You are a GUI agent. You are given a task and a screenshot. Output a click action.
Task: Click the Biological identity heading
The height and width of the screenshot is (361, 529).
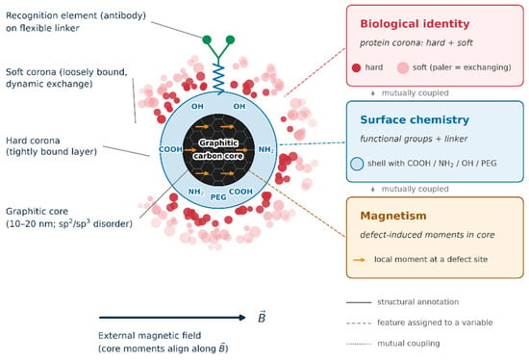pos(415,24)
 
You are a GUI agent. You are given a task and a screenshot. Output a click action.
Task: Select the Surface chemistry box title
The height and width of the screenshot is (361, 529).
pos(415,120)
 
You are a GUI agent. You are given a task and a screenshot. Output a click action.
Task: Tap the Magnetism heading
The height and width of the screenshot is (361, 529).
pos(393,216)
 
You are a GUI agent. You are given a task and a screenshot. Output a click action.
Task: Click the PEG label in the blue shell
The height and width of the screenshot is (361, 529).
pos(218,197)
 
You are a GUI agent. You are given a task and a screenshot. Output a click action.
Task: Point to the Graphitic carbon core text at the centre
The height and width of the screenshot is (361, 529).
pos(218,149)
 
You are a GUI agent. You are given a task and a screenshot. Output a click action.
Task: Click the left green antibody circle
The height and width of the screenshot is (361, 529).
pos(207,40)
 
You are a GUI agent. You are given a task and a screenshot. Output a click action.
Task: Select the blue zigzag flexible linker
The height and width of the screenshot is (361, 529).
pos(218,79)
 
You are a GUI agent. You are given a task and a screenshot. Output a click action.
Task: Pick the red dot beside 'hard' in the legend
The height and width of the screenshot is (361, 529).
pos(356,68)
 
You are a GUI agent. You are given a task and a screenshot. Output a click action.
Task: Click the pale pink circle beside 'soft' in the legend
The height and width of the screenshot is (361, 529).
pos(403,68)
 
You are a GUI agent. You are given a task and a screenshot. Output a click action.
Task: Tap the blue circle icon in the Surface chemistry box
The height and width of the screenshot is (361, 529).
pos(357,164)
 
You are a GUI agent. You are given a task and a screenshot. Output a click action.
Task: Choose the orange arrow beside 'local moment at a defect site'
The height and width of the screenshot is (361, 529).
pos(360,260)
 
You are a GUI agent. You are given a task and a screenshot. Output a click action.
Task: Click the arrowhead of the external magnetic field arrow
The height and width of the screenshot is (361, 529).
pos(242,318)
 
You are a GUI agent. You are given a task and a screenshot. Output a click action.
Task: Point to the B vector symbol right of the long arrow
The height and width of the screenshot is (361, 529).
pos(262,317)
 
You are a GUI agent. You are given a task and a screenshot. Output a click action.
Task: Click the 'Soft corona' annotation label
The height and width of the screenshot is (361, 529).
pos(66,78)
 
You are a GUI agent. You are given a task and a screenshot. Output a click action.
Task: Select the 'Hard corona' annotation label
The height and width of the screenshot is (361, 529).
pos(51,146)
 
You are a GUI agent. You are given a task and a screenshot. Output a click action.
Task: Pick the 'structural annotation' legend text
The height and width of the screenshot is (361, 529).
pos(418,302)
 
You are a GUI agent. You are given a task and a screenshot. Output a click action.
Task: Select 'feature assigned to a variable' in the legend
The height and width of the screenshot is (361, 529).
pos(435,322)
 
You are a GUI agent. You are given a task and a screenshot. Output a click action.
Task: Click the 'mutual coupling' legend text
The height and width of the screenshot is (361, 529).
pos(409,344)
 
